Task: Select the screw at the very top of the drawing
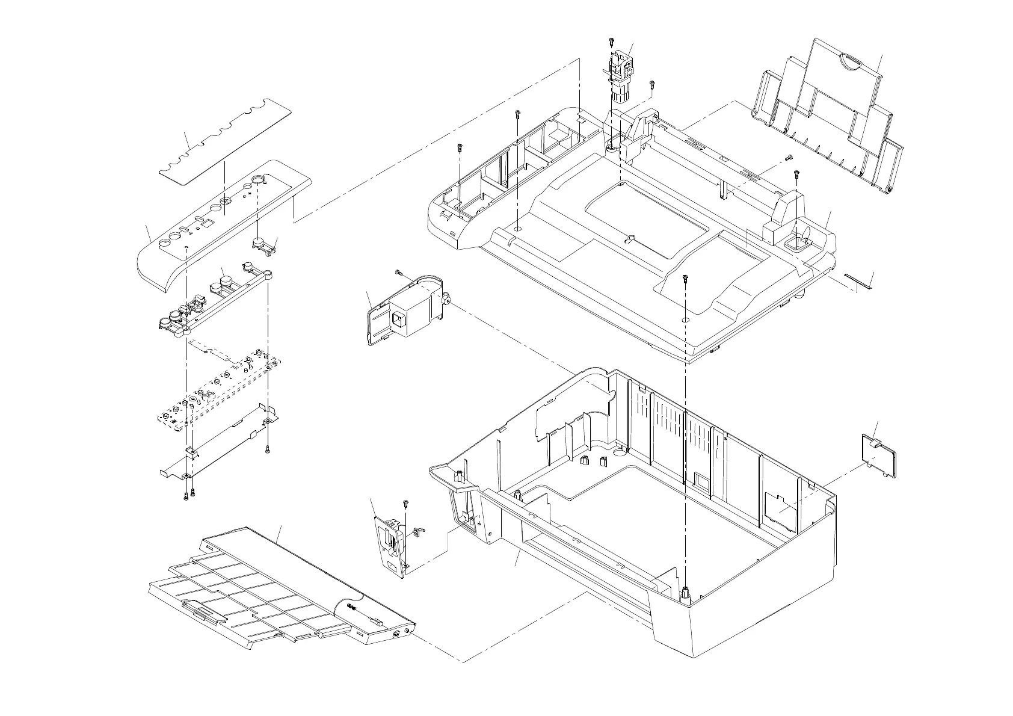click(611, 42)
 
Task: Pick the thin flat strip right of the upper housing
click(857, 280)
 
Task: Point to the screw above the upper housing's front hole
click(686, 279)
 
